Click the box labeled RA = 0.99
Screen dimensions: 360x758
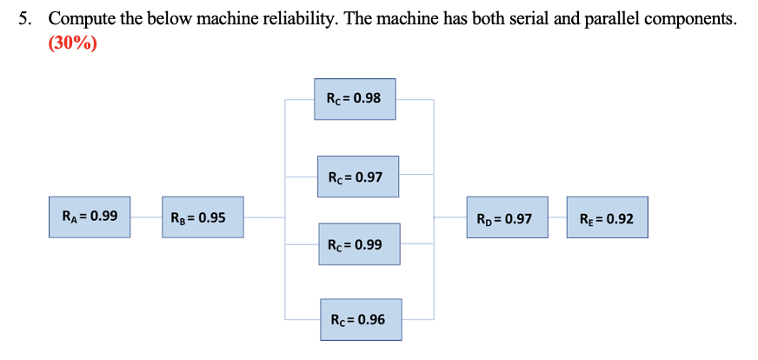90,217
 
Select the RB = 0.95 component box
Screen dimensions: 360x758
202,217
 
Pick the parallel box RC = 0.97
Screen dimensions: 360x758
357,177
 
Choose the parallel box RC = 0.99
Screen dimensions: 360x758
357,244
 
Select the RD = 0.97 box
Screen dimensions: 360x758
507,217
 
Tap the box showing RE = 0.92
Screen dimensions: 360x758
607,218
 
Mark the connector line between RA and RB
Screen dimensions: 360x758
146,217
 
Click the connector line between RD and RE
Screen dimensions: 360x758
557,217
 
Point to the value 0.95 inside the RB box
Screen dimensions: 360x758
212,217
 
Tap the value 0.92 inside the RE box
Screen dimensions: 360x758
619,218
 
